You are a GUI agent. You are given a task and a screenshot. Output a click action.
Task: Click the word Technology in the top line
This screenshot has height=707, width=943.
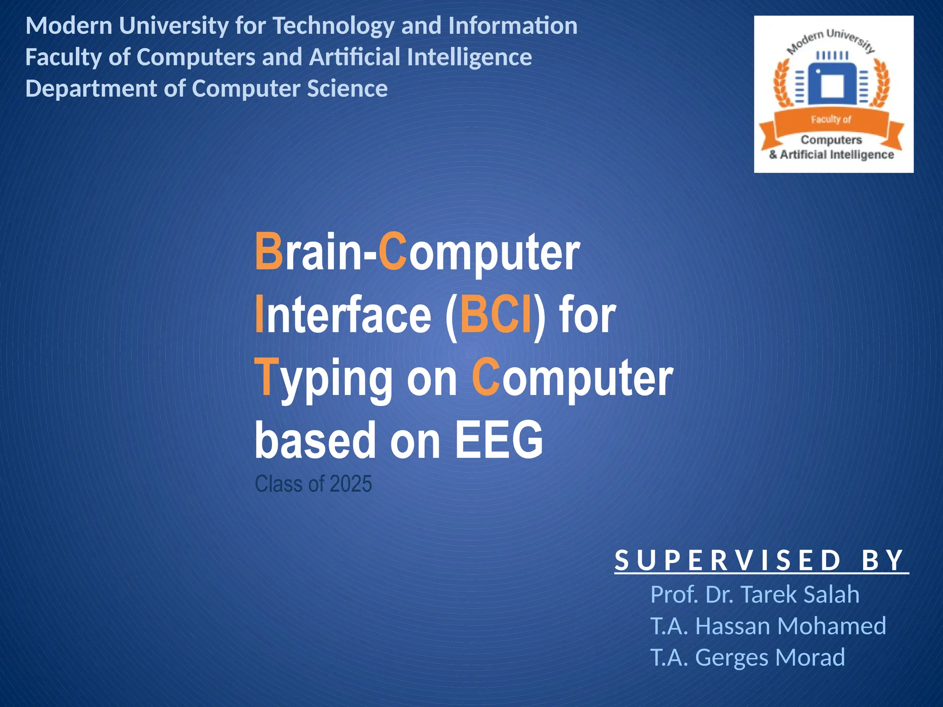point(333,26)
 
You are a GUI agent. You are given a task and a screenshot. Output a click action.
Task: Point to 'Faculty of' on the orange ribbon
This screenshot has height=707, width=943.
point(831,120)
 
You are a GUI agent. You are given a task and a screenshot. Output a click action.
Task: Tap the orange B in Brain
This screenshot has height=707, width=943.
point(269,252)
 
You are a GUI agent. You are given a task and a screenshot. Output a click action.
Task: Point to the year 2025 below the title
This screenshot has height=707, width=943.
point(350,484)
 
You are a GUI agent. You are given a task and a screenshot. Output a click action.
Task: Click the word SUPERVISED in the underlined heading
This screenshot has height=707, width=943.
point(728,561)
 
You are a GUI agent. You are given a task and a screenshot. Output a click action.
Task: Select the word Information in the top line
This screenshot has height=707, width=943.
point(512,26)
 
